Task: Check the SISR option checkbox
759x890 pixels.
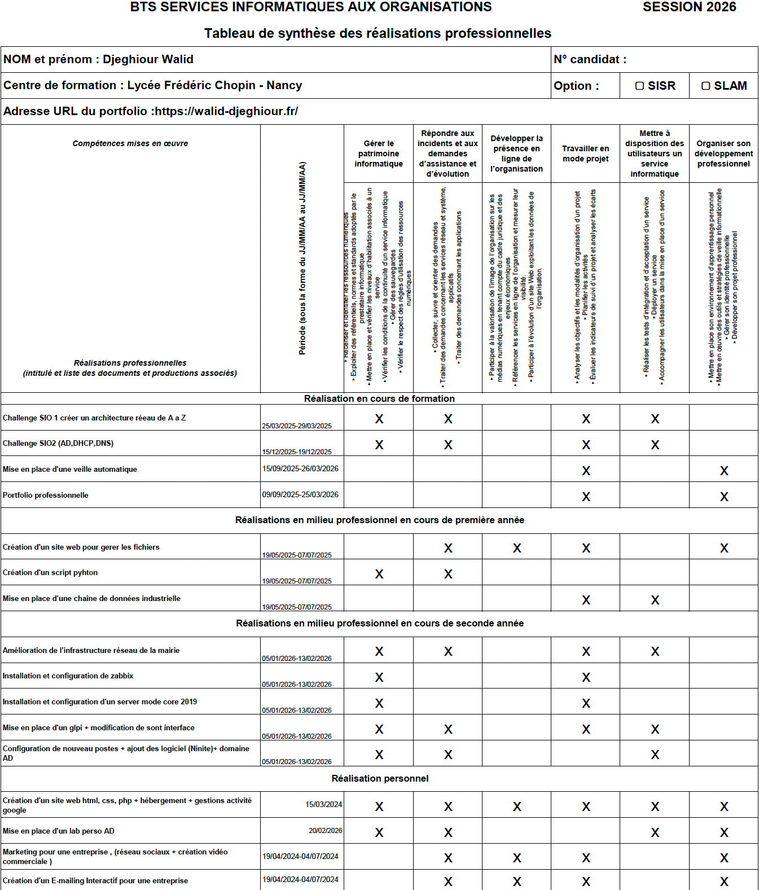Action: pyautogui.click(x=640, y=86)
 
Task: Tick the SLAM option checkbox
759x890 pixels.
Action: pyautogui.click(x=705, y=86)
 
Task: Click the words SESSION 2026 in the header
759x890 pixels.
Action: pyautogui.click(x=689, y=7)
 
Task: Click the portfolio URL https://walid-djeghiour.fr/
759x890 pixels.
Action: pyautogui.click(x=226, y=111)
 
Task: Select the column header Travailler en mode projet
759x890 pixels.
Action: pyautogui.click(x=585, y=154)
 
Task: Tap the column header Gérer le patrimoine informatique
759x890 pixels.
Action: pyautogui.click(x=379, y=154)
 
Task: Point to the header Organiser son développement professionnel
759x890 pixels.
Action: pyautogui.click(x=723, y=154)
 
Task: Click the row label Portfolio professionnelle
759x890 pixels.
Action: pyautogui.click(x=46, y=495)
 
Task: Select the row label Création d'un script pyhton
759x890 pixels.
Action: pyautogui.click(x=50, y=572)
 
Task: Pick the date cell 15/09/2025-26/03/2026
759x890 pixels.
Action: pyautogui.click(x=300, y=468)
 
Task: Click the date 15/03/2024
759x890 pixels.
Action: pyautogui.click(x=324, y=804)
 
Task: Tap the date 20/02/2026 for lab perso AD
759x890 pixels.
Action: pyautogui.click(x=325, y=830)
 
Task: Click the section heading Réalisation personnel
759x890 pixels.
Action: pyautogui.click(x=380, y=778)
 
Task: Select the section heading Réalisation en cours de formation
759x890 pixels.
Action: pyautogui.click(x=379, y=398)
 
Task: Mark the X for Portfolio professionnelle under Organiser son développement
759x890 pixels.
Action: pyautogui.click(x=724, y=497)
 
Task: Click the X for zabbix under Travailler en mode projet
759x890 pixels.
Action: pyautogui.click(x=586, y=677)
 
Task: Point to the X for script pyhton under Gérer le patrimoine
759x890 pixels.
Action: pyautogui.click(x=379, y=574)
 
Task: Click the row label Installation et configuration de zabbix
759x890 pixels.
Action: pyautogui.click(x=68, y=676)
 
